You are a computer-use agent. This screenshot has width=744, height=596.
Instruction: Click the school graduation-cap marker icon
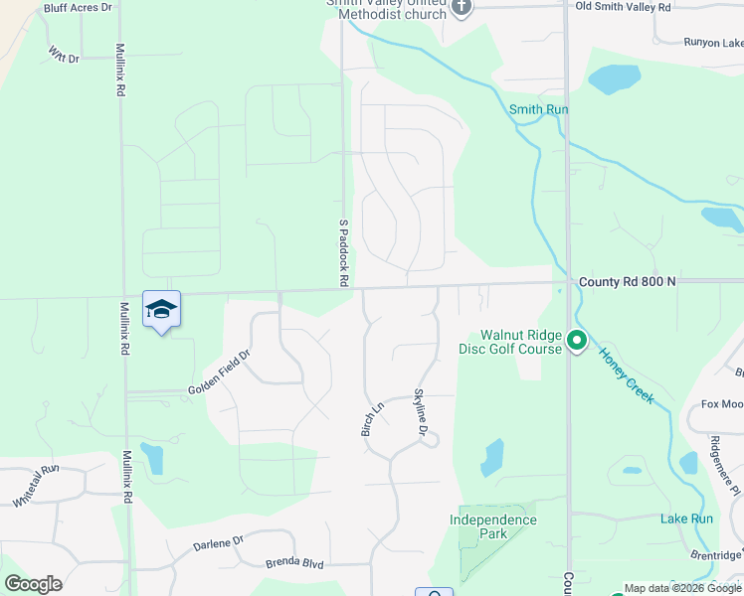[161, 309]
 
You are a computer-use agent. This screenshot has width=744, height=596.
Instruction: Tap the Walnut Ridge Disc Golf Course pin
[576, 343]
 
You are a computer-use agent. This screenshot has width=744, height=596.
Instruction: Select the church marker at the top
[460, 8]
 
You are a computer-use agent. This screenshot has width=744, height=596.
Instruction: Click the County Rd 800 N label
[627, 282]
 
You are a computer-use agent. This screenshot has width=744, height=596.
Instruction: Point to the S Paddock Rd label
[343, 253]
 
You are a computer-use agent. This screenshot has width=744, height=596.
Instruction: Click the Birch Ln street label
[371, 419]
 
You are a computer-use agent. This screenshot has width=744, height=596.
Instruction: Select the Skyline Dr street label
[420, 412]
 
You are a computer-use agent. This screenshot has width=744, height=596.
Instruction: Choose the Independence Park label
[493, 526]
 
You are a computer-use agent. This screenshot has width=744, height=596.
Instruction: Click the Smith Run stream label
[538, 109]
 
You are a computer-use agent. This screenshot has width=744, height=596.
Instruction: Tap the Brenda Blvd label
[294, 563]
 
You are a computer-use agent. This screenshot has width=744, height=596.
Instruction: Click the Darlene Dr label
[218, 543]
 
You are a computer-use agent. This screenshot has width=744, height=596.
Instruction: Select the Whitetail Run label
[37, 486]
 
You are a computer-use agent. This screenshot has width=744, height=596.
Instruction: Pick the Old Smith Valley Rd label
[624, 7]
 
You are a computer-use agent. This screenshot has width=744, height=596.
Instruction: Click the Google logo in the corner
[33, 584]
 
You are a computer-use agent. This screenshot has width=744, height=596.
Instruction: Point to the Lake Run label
[686, 519]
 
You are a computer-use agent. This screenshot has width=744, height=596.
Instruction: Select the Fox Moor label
[722, 404]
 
